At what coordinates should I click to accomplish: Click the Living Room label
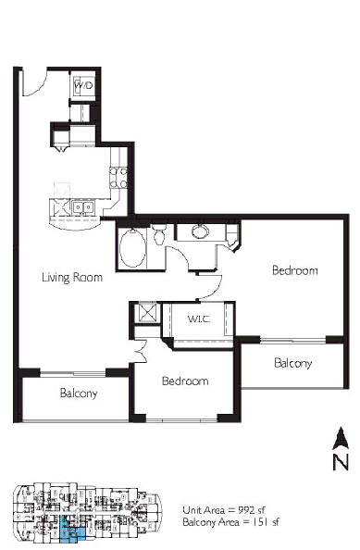(x=72, y=278)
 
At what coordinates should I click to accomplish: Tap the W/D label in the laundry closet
(x=84, y=85)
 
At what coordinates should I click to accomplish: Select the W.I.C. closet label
(x=199, y=319)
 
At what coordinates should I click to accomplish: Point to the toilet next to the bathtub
(x=159, y=234)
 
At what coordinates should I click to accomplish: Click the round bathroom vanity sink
(x=200, y=231)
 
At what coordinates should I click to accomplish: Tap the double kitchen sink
(x=83, y=207)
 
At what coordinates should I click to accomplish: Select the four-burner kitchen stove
(x=118, y=178)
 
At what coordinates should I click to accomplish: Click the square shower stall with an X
(x=148, y=312)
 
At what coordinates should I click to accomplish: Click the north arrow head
(x=340, y=438)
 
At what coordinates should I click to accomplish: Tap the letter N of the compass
(x=341, y=462)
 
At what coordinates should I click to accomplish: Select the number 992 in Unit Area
(x=248, y=510)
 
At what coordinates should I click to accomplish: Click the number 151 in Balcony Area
(x=260, y=522)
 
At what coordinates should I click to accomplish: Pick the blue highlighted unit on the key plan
(x=72, y=530)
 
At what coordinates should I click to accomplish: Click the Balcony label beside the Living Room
(x=79, y=394)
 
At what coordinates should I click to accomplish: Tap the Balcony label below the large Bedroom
(x=293, y=363)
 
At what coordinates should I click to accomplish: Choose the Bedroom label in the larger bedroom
(x=295, y=270)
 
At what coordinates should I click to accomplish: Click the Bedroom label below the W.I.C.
(x=185, y=381)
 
